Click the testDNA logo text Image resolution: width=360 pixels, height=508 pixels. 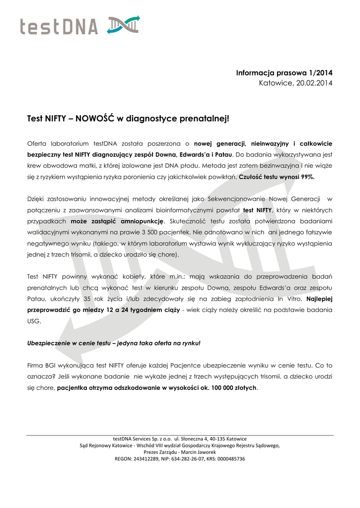point(59,26)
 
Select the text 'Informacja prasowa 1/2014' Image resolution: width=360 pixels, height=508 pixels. point(284,73)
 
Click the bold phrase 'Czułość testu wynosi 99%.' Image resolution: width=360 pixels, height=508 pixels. point(277,176)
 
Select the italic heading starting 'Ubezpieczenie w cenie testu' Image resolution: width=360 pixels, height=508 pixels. point(114,343)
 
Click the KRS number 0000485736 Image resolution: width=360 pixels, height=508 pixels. point(227,459)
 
